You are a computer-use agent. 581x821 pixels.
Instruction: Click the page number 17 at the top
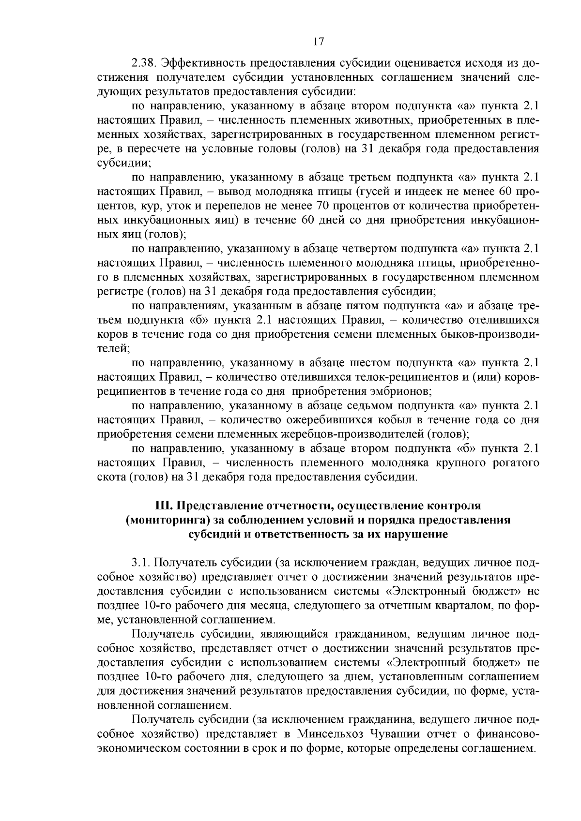(318, 42)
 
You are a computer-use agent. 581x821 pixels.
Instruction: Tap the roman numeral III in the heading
(163, 506)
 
